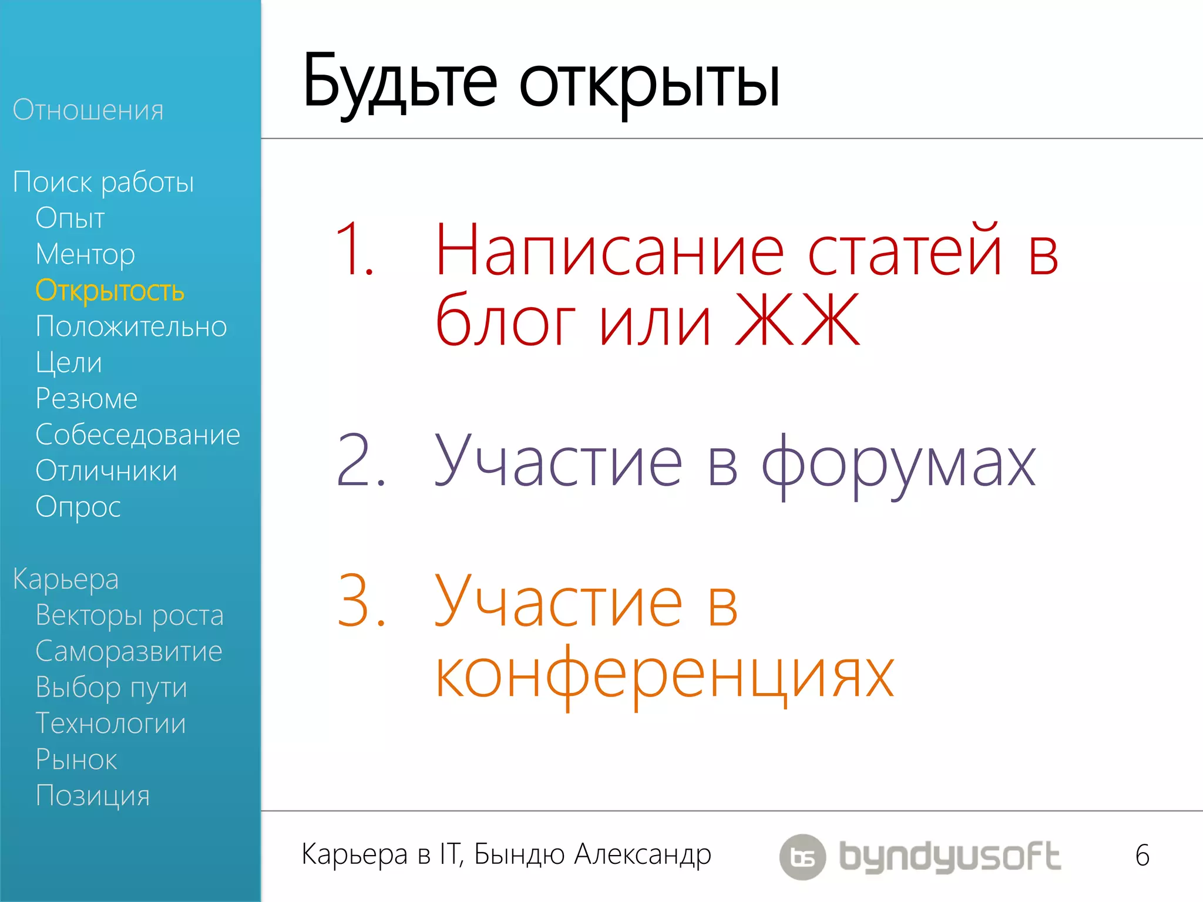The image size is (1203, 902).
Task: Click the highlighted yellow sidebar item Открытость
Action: coord(110,291)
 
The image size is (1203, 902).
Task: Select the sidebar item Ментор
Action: coord(85,254)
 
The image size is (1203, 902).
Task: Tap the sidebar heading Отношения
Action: coord(88,110)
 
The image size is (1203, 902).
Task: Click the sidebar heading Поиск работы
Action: coord(103,182)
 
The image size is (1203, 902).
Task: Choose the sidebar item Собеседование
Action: coord(137,435)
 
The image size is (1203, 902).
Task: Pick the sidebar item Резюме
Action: coord(86,399)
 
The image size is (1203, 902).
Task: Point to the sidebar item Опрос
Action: coord(78,507)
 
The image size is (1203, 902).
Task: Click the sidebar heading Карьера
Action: coord(66,579)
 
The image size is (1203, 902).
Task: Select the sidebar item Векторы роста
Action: coord(129,615)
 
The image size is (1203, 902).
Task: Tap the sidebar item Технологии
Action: coord(110,723)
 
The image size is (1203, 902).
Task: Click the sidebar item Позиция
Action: coord(93,796)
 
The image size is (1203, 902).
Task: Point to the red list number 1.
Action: coord(354,250)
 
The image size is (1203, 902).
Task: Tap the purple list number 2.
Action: coord(360,461)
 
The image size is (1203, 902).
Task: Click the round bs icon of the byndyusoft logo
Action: coord(802,857)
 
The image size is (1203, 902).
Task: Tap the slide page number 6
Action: coord(1142,856)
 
